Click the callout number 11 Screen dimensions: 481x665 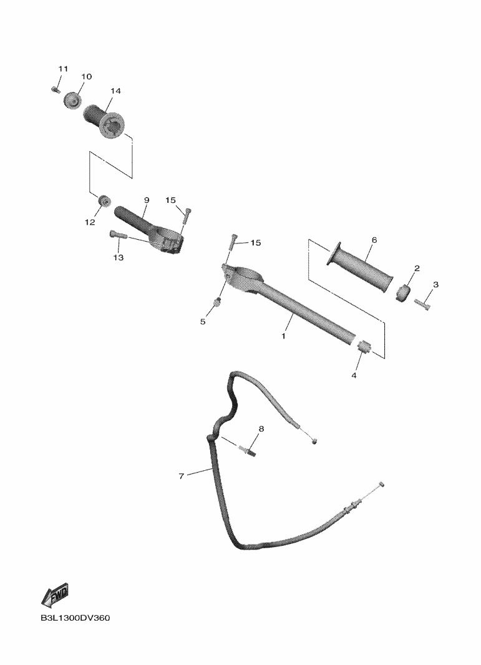(62, 68)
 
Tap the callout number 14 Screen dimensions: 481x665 (115, 91)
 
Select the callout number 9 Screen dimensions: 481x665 (146, 200)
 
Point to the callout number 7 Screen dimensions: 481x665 (182, 476)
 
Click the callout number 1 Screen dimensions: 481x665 (283, 335)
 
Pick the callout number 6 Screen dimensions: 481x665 (374, 240)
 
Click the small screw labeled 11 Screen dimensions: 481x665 (55, 90)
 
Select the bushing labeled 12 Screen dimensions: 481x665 (104, 201)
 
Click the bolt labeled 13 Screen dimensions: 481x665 (118, 235)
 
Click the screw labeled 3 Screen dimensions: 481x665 (422, 305)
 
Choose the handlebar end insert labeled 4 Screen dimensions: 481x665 (364, 347)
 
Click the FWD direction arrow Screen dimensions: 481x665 (55, 595)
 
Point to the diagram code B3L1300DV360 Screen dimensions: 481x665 (75, 619)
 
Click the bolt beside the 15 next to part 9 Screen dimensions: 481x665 (187, 214)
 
